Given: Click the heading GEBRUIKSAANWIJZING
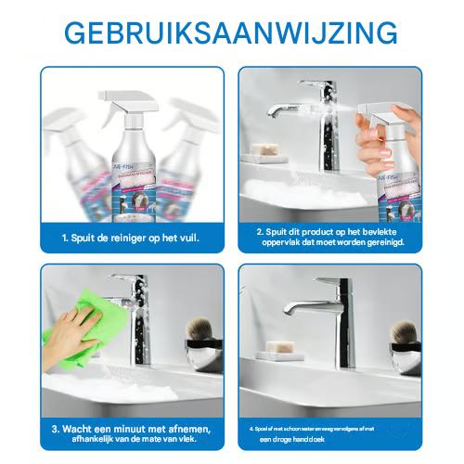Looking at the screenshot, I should [x=232, y=32].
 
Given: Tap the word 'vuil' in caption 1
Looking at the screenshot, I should [x=187, y=238].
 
